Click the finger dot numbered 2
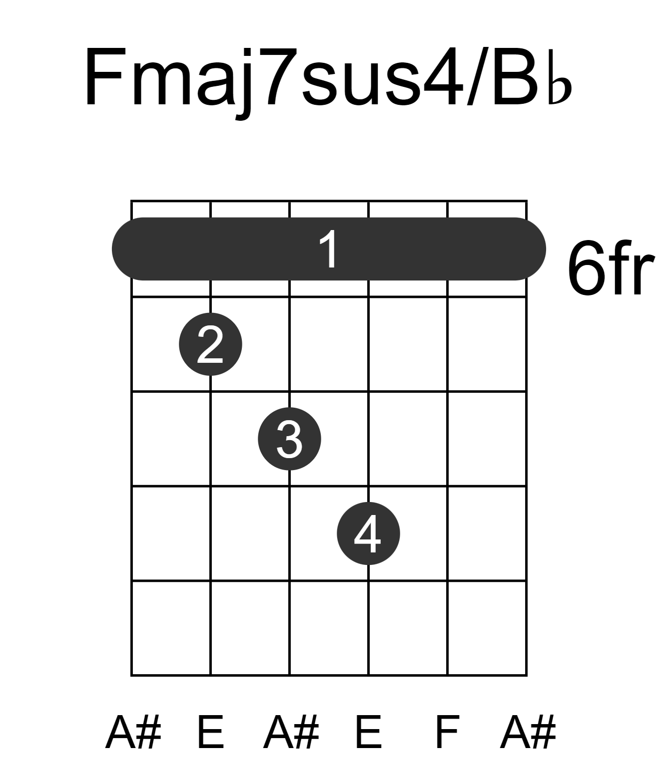[x=210, y=344]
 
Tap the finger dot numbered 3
[x=289, y=439]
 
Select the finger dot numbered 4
[x=369, y=533]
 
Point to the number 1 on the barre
[x=329, y=249]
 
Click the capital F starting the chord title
[x=104, y=77]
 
